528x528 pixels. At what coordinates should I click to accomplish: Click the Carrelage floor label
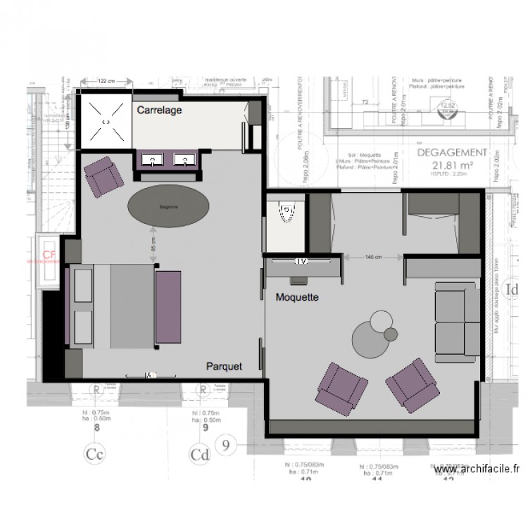pyautogui.click(x=160, y=111)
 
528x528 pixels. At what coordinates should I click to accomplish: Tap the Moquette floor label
pyautogui.click(x=297, y=298)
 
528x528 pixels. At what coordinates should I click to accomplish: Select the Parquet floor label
pyautogui.click(x=224, y=366)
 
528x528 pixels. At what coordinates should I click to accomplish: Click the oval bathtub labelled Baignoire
pyautogui.click(x=168, y=207)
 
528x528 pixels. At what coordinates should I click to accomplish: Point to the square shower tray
pyautogui.click(x=106, y=122)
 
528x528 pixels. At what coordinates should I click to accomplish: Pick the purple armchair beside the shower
pyautogui.click(x=104, y=177)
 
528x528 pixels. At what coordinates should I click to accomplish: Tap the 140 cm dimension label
pyautogui.click(x=374, y=258)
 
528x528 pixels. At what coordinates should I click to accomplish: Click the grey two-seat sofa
pyautogui.click(x=455, y=320)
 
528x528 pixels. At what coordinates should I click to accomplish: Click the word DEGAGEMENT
pyautogui.click(x=451, y=152)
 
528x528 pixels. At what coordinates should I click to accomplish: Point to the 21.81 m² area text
pyautogui.click(x=451, y=165)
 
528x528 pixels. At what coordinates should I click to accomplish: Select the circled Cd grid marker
pyautogui.click(x=202, y=453)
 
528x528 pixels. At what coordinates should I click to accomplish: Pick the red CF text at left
pyautogui.click(x=49, y=255)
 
